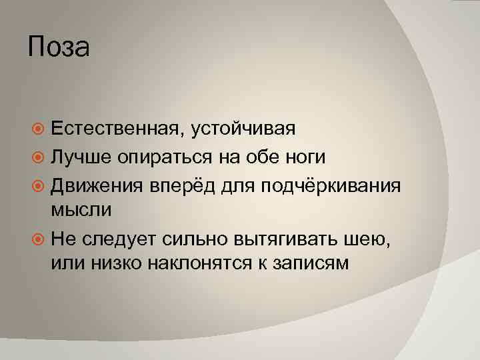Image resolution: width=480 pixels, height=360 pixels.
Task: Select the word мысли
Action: (81, 210)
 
